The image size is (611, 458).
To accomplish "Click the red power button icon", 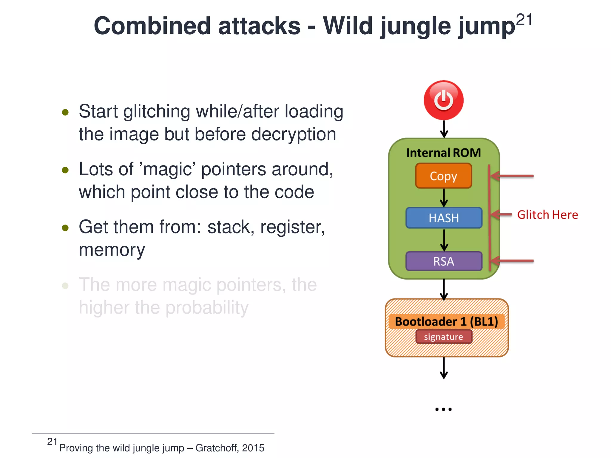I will pyautogui.click(x=444, y=100).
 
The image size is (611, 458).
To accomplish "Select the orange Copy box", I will pyautogui.click(x=444, y=176).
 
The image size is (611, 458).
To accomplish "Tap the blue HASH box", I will pyautogui.click(x=444, y=218).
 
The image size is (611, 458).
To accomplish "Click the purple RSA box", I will pyautogui.click(x=444, y=262).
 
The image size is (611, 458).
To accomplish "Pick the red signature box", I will pyautogui.click(x=444, y=337).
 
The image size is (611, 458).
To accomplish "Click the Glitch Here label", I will pyautogui.click(x=547, y=215).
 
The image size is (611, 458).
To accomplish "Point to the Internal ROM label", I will pyautogui.click(x=444, y=153).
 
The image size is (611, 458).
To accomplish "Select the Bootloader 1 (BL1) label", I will pyautogui.click(x=446, y=321).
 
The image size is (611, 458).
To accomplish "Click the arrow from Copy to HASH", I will pyautogui.click(x=444, y=198).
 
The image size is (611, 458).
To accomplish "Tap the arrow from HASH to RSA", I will pyautogui.click(x=444, y=240).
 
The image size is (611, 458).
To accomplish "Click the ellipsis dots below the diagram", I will pyautogui.click(x=443, y=409).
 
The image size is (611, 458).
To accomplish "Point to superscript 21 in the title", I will pyautogui.click(x=524, y=20).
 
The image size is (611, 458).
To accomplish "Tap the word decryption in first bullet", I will pyautogui.click(x=294, y=134).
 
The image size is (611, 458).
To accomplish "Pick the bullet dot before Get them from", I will pyautogui.click(x=65, y=228).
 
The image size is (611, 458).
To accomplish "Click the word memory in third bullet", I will pyautogui.click(x=112, y=250).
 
